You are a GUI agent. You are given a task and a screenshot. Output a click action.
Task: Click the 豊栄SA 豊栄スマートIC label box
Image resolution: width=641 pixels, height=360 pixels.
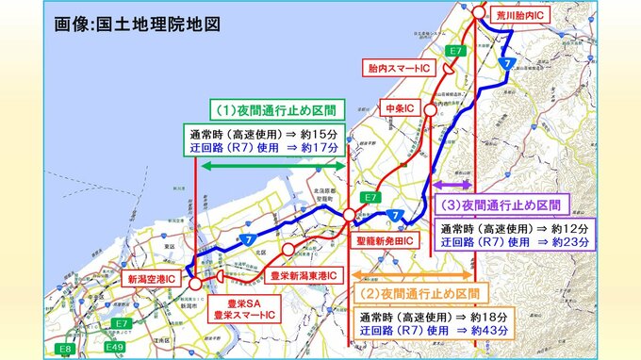pos(238,307)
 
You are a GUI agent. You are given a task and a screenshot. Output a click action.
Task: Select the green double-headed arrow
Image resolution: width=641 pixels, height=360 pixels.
pos(270,166)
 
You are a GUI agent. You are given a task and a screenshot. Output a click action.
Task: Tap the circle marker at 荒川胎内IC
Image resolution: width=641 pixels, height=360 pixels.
pos(479,12)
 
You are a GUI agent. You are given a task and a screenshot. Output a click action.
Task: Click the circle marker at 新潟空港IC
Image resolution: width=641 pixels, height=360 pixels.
pos(194,282)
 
